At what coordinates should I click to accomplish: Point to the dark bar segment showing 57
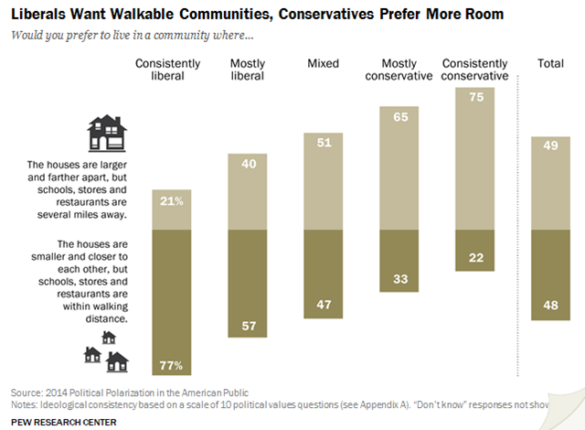pos(247,284)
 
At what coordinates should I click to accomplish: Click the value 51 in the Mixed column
pos(324,142)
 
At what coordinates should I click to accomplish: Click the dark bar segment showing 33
pos(399,261)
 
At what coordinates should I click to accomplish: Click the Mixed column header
pos(324,64)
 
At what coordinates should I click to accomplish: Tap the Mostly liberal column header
pos(247,70)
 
